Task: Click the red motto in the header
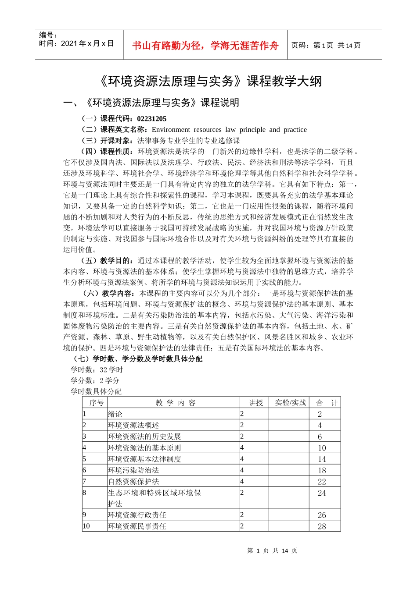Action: pyautogui.click(x=205, y=46)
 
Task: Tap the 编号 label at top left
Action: pyautogui.click(x=48, y=35)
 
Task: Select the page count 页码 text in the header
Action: pyautogui.click(x=326, y=45)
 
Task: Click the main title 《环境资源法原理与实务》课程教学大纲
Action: pyautogui.click(x=208, y=81)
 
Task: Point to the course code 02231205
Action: pyautogui.click(x=151, y=119)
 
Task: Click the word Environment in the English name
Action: pyautogui.click(x=171, y=130)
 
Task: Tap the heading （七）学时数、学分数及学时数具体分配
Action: pyautogui.click(x=137, y=359)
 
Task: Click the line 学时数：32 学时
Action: pyautogui.click(x=97, y=370)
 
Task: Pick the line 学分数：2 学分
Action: pyautogui.click(x=95, y=381)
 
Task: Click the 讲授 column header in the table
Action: pyautogui.click(x=255, y=403)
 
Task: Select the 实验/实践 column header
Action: pyautogui.click(x=290, y=403)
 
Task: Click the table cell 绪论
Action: pyautogui.click(x=115, y=414)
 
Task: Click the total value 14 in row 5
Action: pyautogui.click(x=322, y=459)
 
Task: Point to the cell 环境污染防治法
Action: pyautogui.click(x=133, y=470)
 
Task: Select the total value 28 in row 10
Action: pyautogui.click(x=322, y=526)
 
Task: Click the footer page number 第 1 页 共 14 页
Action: pyautogui.click(x=272, y=550)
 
